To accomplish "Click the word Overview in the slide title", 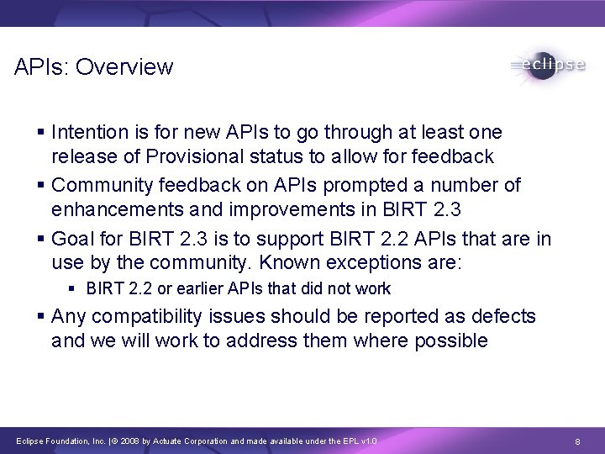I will [124, 66].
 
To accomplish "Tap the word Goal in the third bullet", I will [72, 239].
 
